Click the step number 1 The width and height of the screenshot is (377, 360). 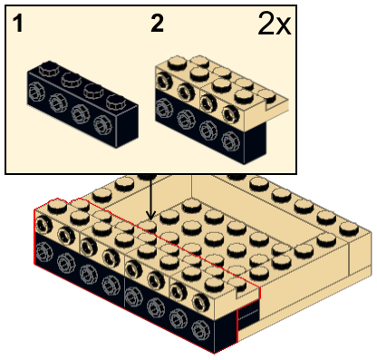click(18, 24)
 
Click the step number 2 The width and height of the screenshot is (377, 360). click(157, 24)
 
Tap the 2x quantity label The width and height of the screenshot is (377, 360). click(275, 24)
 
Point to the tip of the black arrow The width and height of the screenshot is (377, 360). click(150, 219)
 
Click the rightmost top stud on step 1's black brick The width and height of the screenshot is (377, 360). click(115, 102)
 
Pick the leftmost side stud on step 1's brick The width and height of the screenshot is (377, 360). click(35, 92)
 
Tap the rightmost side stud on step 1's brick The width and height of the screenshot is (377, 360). click(101, 123)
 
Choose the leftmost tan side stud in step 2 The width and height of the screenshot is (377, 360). click(163, 81)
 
